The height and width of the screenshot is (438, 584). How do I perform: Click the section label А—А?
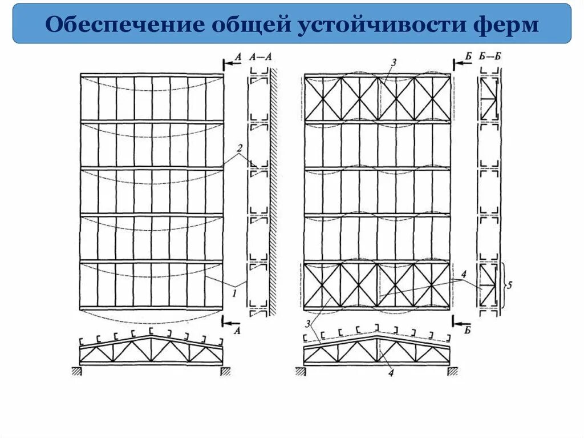coord(259,57)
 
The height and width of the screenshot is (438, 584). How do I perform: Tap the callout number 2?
coord(240,148)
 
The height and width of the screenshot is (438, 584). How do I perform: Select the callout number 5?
coord(510,284)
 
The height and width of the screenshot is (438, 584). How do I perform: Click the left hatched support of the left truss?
coord(75,371)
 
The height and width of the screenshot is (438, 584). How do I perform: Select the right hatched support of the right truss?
coord(453,371)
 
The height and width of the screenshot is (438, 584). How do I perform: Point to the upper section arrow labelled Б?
coord(463,63)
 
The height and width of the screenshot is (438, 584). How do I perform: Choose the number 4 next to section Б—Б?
coord(464,275)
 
